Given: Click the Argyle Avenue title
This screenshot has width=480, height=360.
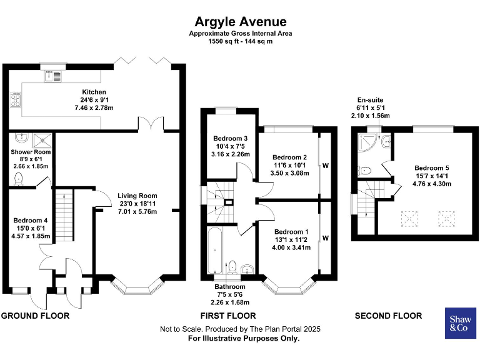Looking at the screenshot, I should (241, 22).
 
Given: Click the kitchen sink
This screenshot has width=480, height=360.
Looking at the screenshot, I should (53, 76).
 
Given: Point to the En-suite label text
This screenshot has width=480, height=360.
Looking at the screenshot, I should (369, 100).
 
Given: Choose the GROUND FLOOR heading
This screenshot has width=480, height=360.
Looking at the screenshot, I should (35, 316).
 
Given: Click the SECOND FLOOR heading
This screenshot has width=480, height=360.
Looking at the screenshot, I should (388, 316).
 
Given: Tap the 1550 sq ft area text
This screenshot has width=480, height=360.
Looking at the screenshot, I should (241, 41).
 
